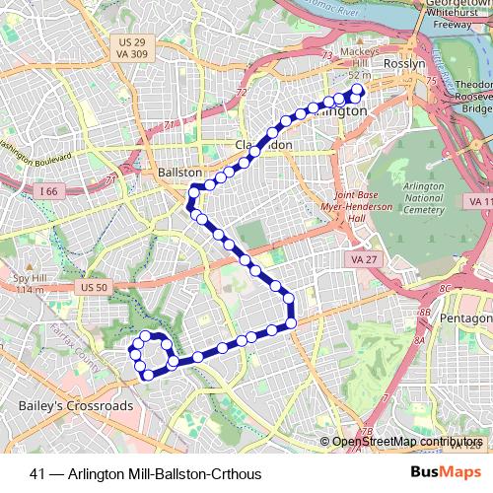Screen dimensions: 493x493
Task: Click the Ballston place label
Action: [x=180, y=172]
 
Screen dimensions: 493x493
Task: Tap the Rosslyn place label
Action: [x=405, y=62]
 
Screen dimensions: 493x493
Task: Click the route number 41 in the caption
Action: [x=37, y=474]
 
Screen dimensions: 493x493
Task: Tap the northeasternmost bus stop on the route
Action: [x=357, y=92]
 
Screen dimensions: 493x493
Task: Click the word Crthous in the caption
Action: [x=236, y=474]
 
